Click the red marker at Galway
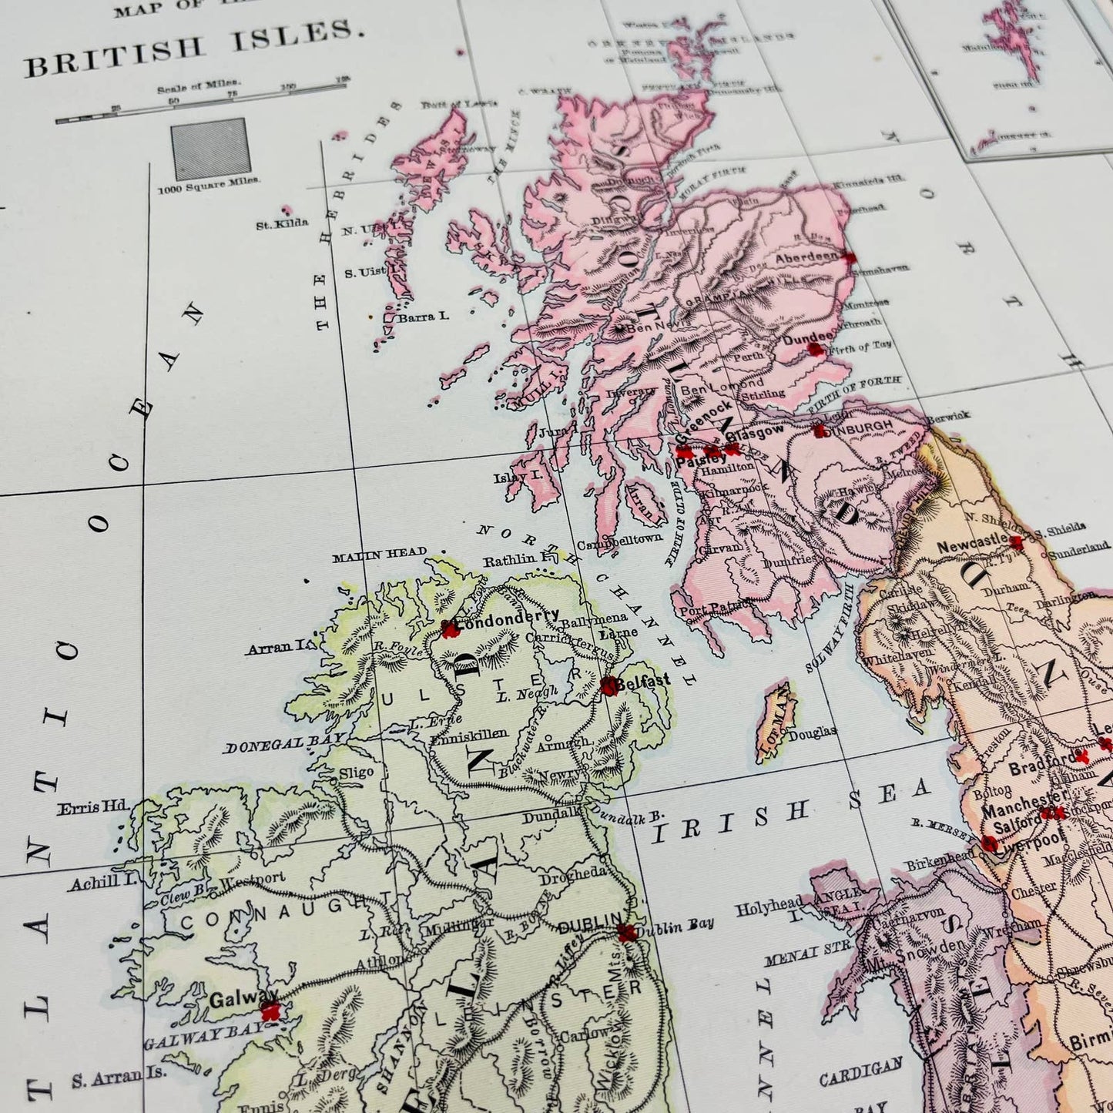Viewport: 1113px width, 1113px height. [269, 1011]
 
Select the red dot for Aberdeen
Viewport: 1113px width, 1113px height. [850, 258]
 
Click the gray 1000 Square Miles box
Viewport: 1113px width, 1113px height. [210, 149]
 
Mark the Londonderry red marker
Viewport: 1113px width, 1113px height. [450, 630]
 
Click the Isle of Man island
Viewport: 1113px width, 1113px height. [775, 720]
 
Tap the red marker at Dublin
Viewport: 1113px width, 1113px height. [628, 934]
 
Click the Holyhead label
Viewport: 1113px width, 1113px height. [768, 909]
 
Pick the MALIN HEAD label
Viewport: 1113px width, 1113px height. [379, 553]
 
